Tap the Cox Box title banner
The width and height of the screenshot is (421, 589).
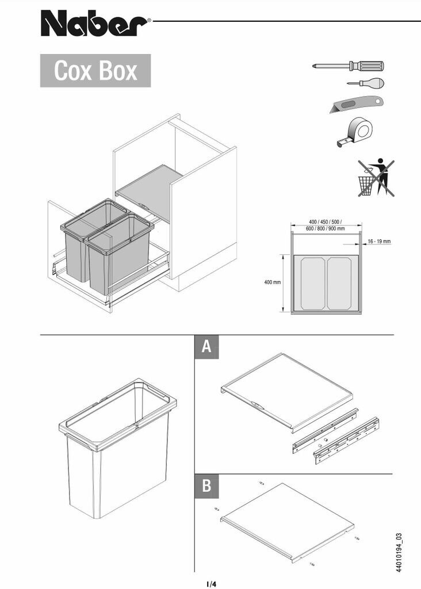click(x=95, y=71)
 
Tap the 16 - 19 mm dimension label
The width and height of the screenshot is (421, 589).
click(x=379, y=242)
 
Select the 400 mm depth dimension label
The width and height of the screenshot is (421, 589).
click(x=272, y=283)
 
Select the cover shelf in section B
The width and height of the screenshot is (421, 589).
click(x=288, y=521)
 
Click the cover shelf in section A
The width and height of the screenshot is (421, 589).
click(x=288, y=389)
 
